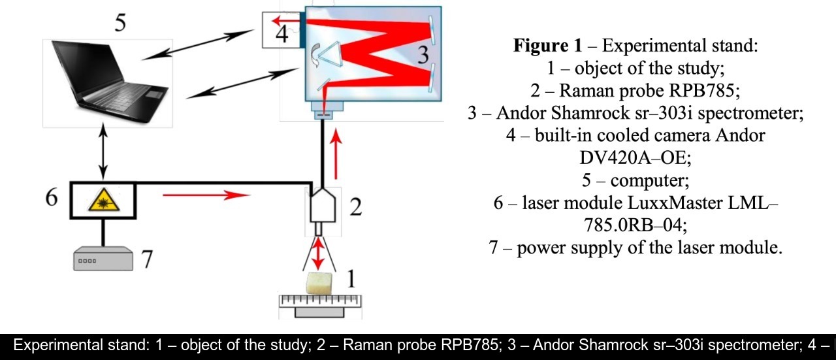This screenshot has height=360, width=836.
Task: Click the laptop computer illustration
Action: tap(108, 82)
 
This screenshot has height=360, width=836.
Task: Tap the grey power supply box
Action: tap(104, 260)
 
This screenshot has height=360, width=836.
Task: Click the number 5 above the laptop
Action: tap(120, 22)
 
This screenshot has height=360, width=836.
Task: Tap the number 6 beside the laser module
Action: tap(52, 198)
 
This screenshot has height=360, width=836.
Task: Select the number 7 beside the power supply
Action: tap(148, 259)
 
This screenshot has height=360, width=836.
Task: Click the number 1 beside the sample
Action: tap(350, 278)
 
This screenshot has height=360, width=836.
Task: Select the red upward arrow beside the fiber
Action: tap(337, 154)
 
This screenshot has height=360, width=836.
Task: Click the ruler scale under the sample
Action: tap(320, 302)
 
